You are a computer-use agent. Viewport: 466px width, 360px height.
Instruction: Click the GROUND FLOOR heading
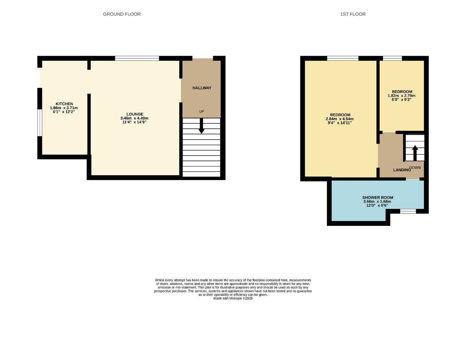point(122,14)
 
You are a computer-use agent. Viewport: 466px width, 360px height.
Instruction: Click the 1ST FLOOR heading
point(353,14)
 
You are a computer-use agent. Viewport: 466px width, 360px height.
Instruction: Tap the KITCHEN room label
point(64,104)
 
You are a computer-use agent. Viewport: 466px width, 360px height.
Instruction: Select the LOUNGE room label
point(135,114)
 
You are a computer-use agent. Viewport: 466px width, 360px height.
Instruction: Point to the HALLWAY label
point(202,88)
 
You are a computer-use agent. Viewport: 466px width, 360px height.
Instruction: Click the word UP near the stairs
point(201,111)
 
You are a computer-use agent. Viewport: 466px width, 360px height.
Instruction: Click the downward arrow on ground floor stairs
point(201,127)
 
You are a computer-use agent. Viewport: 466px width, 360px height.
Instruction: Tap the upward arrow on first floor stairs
point(415,153)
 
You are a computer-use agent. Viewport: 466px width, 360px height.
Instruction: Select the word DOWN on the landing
point(415,168)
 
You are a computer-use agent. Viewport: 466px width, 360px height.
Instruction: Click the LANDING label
point(402,170)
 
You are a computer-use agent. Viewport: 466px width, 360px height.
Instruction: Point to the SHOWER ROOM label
point(378,198)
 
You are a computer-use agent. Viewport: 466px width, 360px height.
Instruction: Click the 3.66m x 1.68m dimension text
point(377,202)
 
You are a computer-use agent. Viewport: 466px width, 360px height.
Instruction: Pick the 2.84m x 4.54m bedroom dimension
point(340,119)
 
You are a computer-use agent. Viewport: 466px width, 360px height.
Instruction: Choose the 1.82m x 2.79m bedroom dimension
point(401,96)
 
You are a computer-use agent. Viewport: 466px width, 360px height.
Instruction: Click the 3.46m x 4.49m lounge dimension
point(134,118)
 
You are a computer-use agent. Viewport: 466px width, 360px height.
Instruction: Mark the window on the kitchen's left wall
point(39,123)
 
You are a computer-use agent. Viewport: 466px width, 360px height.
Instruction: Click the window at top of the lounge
point(137,58)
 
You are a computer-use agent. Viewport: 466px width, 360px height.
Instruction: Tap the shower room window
point(408,211)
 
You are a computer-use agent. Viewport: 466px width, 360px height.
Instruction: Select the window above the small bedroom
point(392,58)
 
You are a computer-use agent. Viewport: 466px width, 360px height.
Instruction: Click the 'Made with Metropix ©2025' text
point(233,298)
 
